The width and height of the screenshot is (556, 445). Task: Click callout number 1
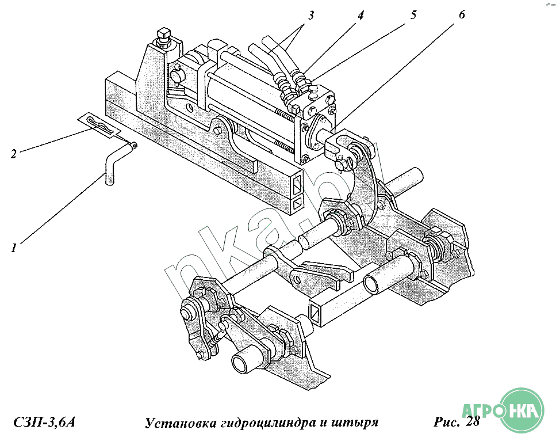point(13,248)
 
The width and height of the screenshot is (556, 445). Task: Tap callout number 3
point(311,16)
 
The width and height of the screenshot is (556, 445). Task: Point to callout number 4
point(361,16)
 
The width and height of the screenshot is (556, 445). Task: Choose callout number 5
point(413,16)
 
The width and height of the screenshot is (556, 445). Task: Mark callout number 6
point(462,16)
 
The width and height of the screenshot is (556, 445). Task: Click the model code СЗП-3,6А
point(43,423)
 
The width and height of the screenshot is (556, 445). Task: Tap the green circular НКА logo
point(523,410)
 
